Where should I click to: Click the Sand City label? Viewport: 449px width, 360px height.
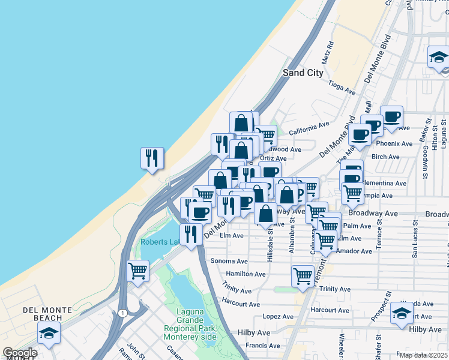303,73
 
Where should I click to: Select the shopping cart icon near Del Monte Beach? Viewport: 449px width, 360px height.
138,271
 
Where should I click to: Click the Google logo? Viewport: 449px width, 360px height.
20,353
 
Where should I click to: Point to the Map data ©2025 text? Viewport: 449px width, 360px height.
423,355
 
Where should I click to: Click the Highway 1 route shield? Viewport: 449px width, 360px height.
122,313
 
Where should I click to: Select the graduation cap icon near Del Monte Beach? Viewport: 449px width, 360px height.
49,332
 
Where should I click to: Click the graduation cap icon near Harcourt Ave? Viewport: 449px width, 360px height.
402,313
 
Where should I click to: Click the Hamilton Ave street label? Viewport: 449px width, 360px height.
246,274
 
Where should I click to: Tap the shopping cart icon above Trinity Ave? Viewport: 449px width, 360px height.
303,276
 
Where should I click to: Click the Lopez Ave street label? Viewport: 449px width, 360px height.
278,316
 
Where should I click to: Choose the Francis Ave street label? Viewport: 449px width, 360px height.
260,346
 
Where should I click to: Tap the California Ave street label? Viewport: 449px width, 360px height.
309,128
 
